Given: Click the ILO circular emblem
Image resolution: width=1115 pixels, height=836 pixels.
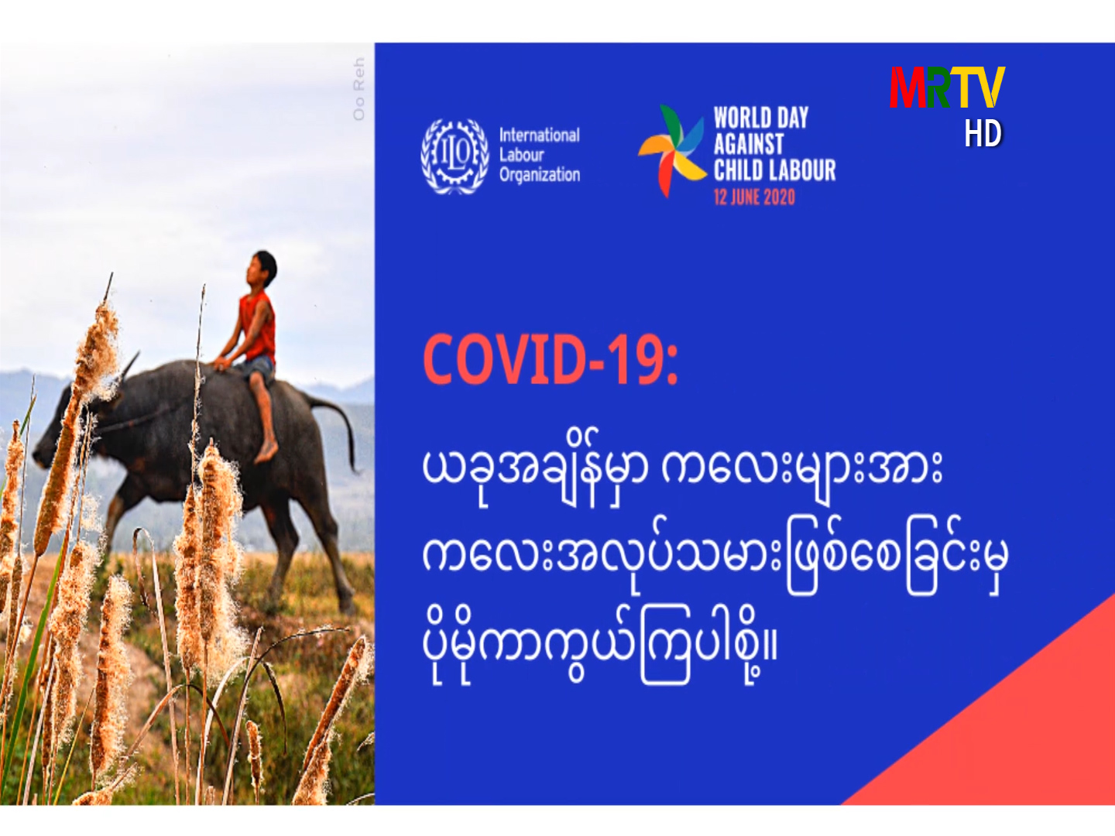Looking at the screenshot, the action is [455, 156].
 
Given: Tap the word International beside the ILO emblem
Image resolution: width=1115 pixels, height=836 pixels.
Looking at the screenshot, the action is [539, 135].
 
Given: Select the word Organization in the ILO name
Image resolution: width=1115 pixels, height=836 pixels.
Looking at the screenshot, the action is [540, 175].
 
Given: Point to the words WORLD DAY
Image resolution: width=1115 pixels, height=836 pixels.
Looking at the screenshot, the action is [760, 118].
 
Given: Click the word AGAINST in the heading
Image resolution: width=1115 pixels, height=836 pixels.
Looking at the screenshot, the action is [748, 144].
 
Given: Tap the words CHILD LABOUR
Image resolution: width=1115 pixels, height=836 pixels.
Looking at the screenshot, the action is [774, 170].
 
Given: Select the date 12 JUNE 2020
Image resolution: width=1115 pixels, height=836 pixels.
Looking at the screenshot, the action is [754, 197].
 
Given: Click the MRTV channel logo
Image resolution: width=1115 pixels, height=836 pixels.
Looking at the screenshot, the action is [947, 87].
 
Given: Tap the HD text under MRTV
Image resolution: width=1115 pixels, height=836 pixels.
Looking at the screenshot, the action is [983, 133].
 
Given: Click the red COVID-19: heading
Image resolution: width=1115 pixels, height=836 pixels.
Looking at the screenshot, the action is [550, 359].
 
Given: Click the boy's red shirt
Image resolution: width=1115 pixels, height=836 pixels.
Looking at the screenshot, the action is [258, 326].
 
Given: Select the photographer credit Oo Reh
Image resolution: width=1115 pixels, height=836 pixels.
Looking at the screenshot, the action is [359, 89].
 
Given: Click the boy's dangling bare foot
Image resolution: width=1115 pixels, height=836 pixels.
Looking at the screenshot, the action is [266, 452].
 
